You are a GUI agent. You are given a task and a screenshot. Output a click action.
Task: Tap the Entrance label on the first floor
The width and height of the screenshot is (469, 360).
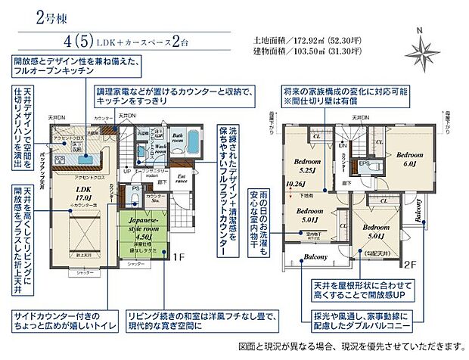pyautogui.click(x=181, y=180)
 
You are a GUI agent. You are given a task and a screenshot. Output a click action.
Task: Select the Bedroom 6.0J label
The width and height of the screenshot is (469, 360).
pyautogui.click(x=410, y=159)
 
